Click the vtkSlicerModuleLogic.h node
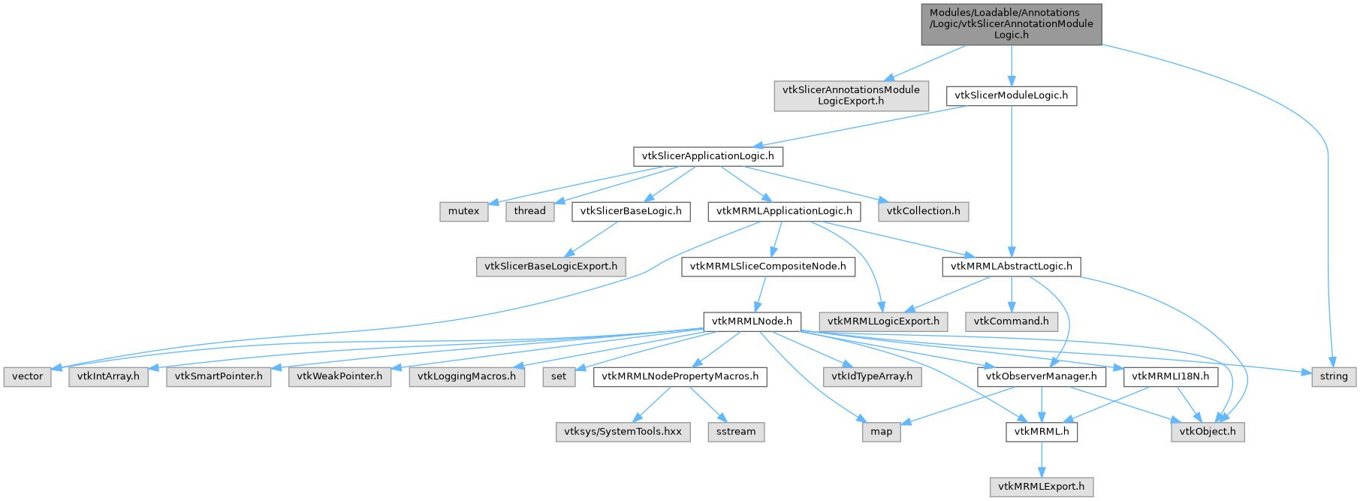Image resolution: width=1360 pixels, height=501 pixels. pos(1011,96)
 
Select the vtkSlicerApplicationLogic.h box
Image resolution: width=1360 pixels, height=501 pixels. pos(708,156)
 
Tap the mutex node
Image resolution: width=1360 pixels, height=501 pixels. pos(463,211)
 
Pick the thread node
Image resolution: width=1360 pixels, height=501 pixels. pos(529,211)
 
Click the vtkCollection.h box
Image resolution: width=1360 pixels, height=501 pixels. pos(923,211)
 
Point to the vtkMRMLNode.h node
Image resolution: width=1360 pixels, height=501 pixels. pos(752,321)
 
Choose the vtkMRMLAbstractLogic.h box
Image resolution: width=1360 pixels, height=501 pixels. pos(1011,267)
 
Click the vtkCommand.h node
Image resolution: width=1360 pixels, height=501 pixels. pos(1011,321)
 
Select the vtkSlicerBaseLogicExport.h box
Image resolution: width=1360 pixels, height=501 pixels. pos(550,267)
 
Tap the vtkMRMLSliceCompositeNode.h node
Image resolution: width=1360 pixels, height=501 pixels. pos(767,267)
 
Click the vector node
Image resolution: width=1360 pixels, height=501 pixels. pos(28,376)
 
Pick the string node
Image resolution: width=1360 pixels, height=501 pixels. pos(1334,376)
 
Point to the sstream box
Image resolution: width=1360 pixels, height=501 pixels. pos(736,432)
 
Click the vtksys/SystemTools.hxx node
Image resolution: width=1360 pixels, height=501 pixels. pos(623,432)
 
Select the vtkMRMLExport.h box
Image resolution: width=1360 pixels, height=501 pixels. pos(1041,487)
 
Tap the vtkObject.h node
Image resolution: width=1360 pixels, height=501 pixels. pos(1207,432)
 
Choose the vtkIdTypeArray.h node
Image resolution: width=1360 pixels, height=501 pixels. pos(872,376)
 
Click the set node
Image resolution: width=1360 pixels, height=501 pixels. pos(559,376)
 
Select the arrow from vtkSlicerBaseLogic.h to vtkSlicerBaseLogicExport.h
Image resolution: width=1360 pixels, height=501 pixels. pos(591,239)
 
